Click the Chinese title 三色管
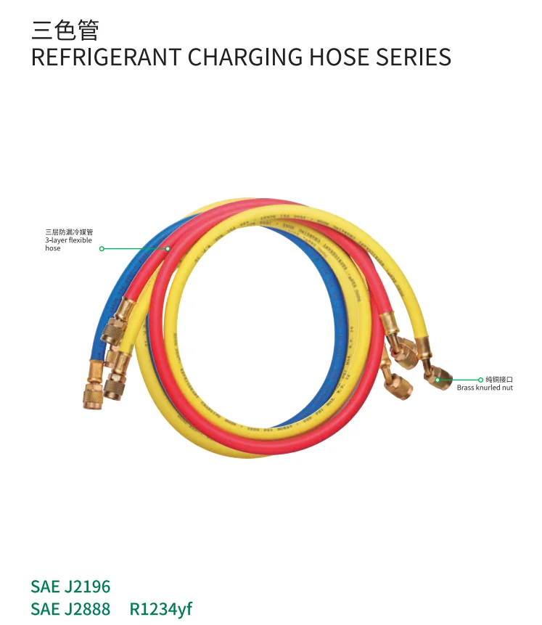65,30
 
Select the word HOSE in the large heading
335,57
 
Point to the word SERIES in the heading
414,57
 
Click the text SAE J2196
70,587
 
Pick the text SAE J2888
70,608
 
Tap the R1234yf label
160,608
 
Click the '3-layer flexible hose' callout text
68,244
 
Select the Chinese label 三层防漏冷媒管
69,232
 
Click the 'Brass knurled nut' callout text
484,388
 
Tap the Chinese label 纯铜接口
498,379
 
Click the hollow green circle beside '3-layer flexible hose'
102,248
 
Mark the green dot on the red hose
168,248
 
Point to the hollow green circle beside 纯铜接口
480,379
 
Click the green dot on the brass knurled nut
438,378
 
